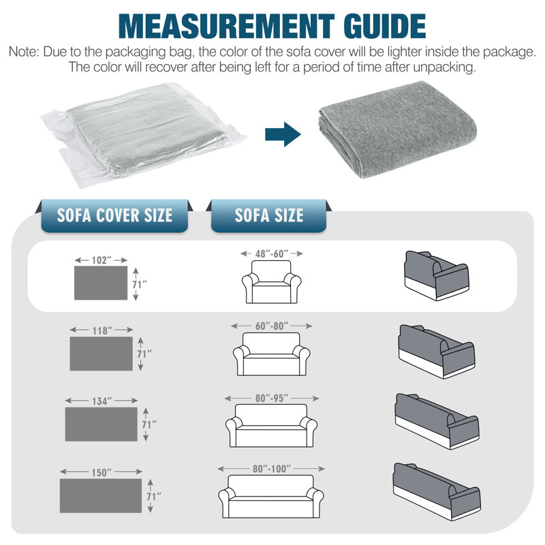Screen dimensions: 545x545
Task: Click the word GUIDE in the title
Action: (384, 26)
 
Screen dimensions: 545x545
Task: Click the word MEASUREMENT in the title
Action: (226, 26)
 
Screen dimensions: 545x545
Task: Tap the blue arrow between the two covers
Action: (283, 134)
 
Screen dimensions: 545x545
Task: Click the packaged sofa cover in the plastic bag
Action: (142, 135)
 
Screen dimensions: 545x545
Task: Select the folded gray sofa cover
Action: (397, 129)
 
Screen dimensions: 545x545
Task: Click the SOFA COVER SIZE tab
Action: (114, 215)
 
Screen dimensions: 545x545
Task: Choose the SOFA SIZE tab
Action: (268, 215)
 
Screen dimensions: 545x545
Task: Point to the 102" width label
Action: (101, 260)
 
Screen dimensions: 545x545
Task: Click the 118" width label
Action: (102, 330)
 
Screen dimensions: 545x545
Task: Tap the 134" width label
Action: (102, 401)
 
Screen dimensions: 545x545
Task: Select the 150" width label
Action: (101, 473)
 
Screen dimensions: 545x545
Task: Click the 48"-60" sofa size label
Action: (271, 253)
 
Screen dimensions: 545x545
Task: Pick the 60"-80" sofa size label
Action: (271, 326)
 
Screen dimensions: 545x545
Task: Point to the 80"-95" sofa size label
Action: (271, 399)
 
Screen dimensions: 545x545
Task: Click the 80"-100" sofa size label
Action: (271, 469)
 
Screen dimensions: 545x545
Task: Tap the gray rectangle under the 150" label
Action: (101, 496)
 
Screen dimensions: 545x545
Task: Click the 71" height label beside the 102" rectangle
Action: (140, 284)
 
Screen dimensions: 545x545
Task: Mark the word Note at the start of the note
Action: (23, 52)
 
